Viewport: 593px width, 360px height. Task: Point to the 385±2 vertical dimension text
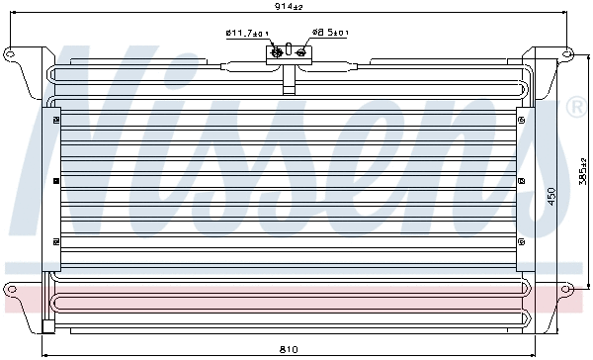click(583, 178)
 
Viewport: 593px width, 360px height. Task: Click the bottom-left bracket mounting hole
click(13, 290)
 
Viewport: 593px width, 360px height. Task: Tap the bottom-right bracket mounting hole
click(567, 290)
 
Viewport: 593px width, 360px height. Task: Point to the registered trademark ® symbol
click(574, 107)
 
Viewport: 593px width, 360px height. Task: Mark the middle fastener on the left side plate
click(52, 182)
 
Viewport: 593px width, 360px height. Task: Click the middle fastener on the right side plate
click(521, 182)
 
